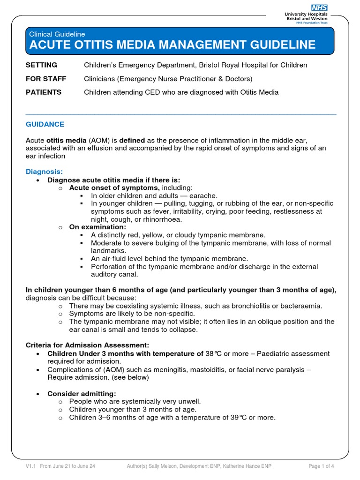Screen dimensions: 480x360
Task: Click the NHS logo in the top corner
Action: (319, 7)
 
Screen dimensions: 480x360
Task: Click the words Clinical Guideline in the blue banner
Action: (57, 34)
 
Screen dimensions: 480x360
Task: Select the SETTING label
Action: (41, 65)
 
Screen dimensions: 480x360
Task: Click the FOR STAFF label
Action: (45, 79)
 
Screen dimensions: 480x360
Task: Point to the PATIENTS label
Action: (43, 92)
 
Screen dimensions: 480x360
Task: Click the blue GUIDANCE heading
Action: (45, 124)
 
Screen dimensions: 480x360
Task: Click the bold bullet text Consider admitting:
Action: (82, 393)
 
